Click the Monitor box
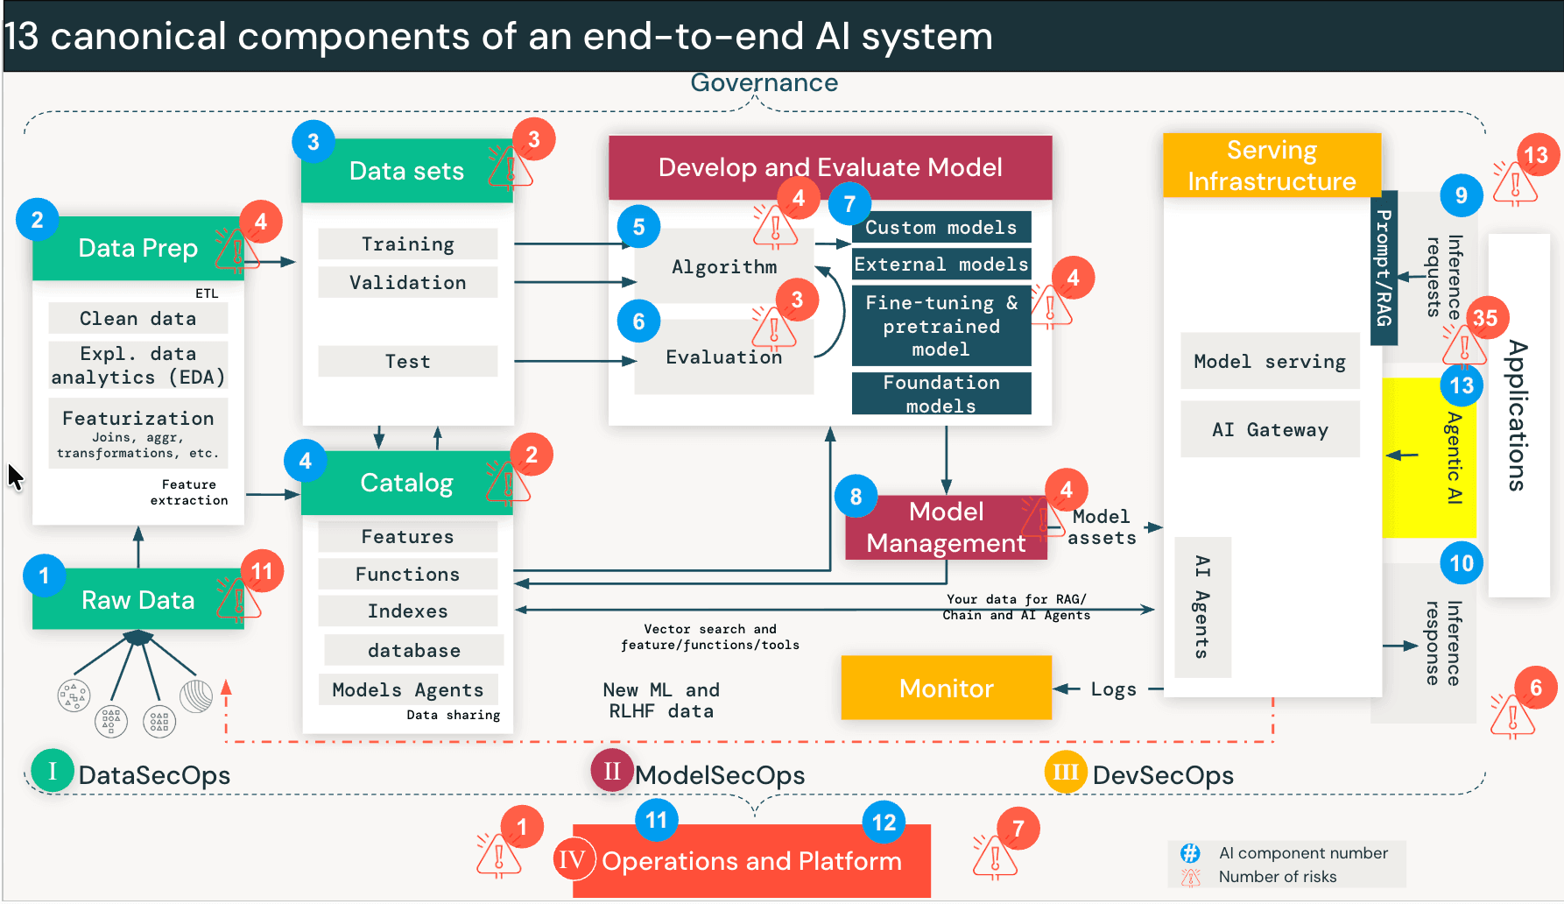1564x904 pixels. tap(946, 688)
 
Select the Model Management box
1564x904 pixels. tap(946, 527)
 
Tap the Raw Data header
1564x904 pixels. tap(137, 600)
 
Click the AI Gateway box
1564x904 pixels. tap(1270, 429)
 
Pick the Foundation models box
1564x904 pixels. tap(941, 393)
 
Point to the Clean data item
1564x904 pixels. tap(137, 318)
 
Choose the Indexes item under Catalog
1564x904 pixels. tap(407, 611)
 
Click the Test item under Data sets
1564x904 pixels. tap(407, 361)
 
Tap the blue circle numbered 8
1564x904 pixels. tap(856, 497)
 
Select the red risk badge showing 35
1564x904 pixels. tap(1485, 318)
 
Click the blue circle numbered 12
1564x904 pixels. tap(884, 823)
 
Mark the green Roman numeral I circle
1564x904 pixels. tap(53, 771)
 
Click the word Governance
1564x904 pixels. tap(764, 83)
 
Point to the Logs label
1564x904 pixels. tap(1113, 689)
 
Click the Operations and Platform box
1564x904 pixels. tap(751, 861)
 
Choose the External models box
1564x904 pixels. tap(941, 264)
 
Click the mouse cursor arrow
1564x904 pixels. tap(15, 477)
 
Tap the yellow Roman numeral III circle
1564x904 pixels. tap(1065, 772)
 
